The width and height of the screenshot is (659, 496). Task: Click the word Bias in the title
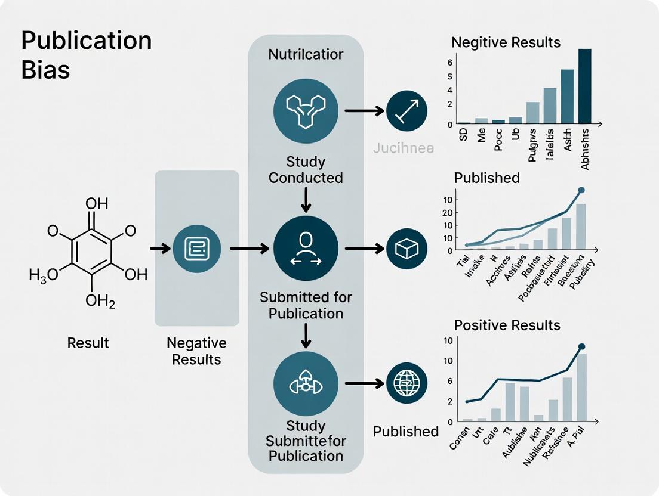click(45, 70)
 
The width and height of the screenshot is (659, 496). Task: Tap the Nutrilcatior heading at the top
click(306, 54)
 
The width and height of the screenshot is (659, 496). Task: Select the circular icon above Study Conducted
click(306, 110)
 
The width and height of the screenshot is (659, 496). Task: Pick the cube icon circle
click(407, 249)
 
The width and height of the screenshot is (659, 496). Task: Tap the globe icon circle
click(407, 383)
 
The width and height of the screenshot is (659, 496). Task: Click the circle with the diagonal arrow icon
click(407, 111)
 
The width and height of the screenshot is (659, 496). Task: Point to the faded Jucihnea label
click(403, 148)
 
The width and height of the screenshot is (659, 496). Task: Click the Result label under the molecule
click(88, 343)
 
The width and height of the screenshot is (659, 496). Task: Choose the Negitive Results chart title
click(506, 42)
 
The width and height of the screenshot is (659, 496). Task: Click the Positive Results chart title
click(507, 325)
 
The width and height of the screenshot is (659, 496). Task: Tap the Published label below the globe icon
click(406, 431)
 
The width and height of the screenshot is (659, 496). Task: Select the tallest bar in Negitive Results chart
click(584, 86)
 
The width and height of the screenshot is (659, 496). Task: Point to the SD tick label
click(464, 137)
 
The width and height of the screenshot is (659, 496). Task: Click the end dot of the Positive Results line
click(581, 346)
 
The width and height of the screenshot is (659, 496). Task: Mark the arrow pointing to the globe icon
click(364, 384)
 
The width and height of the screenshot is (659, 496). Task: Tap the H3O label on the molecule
click(44, 275)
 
